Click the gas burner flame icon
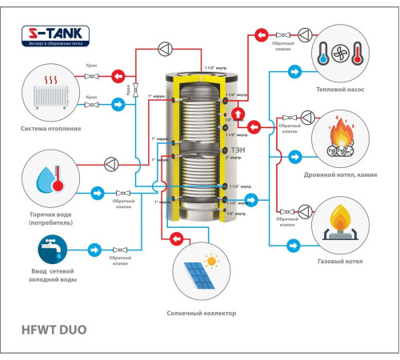pyautogui.click(x=338, y=221)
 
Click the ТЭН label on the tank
pyautogui.click(x=238, y=150)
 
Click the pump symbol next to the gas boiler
pyautogui.click(x=304, y=210)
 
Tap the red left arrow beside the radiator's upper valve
pyautogui.click(x=118, y=77)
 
